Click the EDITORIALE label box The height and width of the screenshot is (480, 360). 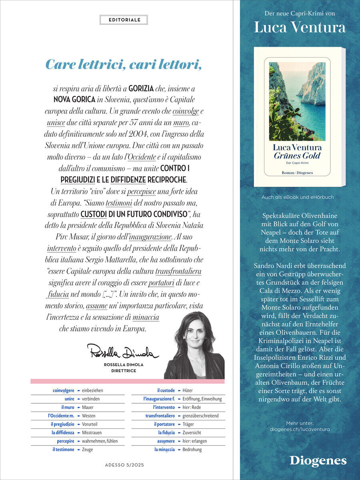pyautogui.click(x=123, y=20)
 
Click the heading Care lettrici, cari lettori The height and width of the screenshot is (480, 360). pyautogui.click(x=123, y=64)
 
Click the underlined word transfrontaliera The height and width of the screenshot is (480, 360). pyautogui.click(x=178, y=272)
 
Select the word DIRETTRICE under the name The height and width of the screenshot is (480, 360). pyautogui.click(x=124, y=371)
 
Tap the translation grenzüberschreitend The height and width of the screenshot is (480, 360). pyautogui.click(x=200, y=416)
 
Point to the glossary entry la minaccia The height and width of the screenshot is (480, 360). pyautogui.click(x=164, y=449)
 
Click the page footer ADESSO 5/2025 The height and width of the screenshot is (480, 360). pyautogui.click(x=124, y=465)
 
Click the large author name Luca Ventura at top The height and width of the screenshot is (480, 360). pyautogui.click(x=300, y=28)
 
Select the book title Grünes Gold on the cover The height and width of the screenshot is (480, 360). pyautogui.click(x=297, y=156)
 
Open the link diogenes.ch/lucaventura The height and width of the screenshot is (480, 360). pyautogui.click(x=300, y=429)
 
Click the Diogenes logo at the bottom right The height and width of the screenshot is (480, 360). pyautogui.click(x=318, y=460)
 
